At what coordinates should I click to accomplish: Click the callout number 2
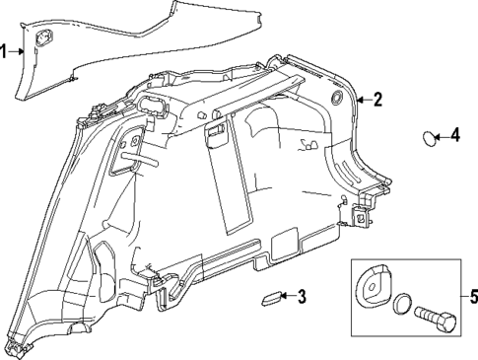(x=376, y=99)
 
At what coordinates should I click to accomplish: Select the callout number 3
(x=304, y=295)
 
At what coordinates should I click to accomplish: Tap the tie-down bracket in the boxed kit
(x=374, y=287)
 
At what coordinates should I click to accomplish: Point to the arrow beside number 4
(x=444, y=136)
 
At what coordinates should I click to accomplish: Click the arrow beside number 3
(x=291, y=296)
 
